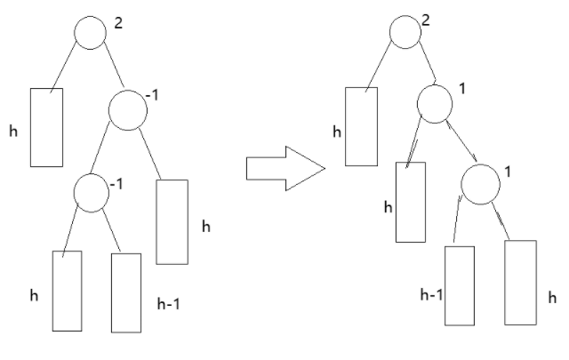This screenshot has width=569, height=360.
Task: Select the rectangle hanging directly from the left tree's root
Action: click(47, 127)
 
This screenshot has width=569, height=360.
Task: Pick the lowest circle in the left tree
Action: click(91, 191)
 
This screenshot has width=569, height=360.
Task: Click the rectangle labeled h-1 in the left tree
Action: click(126, 292)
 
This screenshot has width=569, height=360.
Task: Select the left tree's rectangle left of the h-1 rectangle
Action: click(67, 291)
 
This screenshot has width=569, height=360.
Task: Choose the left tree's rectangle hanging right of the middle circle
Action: click(172, 221)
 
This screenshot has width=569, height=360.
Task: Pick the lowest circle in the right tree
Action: click(478, 183)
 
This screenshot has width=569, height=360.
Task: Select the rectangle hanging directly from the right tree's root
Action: click(361, 125)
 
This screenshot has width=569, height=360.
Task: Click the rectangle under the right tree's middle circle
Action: click(410, 202)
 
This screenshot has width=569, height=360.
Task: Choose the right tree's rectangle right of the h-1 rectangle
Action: click(521, 281)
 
